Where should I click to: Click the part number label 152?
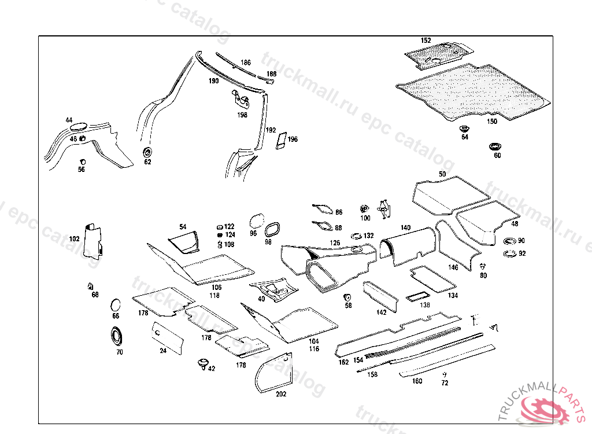pos(425,41)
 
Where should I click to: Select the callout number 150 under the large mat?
pos(491,122)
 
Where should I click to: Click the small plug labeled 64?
pos(464,128)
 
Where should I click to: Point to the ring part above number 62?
pos(147,152)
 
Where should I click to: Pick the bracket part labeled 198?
pos(240,101)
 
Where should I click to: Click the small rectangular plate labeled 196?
pos(281,141)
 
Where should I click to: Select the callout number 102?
pos(75,238)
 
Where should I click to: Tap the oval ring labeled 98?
pos(272,229)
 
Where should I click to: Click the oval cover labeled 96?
pos(256,220)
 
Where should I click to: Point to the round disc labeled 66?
pos(116,304)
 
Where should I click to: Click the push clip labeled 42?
pos(202,363)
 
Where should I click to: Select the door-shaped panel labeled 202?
pos(275,373)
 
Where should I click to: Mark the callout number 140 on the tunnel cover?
pos(405,228)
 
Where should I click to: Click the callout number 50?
pos(442,174)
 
